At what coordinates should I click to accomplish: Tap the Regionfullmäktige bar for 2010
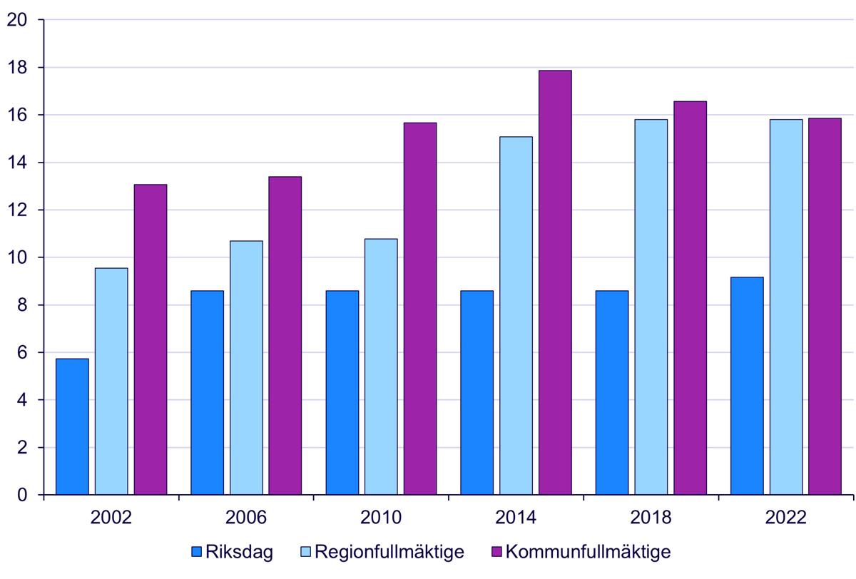[x=381, y=367]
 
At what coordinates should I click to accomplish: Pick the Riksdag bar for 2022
[x=747, y=386]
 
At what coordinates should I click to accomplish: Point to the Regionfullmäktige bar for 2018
[x=651, y=307]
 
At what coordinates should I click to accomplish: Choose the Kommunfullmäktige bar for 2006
[x=285, y=335]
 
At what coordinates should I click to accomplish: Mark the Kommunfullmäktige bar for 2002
[x=151, y=339]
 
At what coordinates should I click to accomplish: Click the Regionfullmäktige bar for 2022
[x=786, y=307]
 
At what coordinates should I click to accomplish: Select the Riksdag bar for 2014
[x=477, y=392]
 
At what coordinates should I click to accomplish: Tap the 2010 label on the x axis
[x=381, y=518]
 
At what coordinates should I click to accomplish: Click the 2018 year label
[x=651, y=518]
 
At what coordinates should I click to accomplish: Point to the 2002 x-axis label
[x=111, y=518]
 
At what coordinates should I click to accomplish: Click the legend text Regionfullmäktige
[x=389, y=552]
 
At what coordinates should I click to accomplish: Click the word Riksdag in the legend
[x=239, y=552]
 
